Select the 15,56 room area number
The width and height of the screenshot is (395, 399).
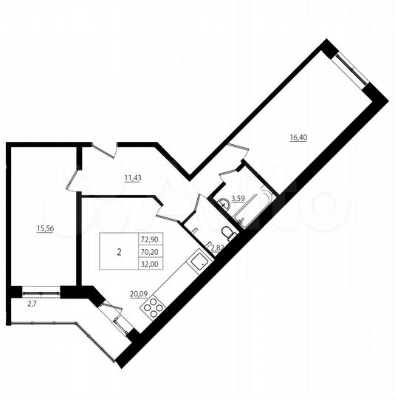45,228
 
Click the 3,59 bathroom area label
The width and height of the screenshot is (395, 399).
238,198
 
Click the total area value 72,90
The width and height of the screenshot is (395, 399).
148,239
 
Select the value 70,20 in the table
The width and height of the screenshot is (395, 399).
148,251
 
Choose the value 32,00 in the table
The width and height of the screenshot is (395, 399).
148,264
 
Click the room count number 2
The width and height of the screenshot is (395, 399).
119,251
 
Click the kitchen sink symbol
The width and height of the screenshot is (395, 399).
198,261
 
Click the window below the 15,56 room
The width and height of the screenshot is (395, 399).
41,288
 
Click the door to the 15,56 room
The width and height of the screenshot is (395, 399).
74,177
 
